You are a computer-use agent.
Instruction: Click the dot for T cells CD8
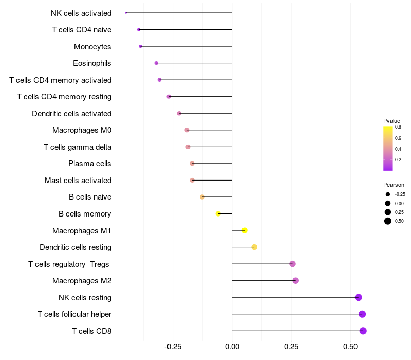(363, 331)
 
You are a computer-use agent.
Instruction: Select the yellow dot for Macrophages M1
(245, 230)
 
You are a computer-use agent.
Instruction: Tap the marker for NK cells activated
(126, 13)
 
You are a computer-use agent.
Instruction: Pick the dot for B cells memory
(218, 213)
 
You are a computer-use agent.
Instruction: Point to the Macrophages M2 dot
(295, 281)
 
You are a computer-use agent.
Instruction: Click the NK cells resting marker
(358, 297)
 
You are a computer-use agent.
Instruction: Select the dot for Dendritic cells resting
(254, 247)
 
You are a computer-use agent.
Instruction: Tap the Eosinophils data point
(156, 63)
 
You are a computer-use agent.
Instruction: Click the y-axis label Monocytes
(92, 47)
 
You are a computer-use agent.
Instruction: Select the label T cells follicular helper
(74, 314)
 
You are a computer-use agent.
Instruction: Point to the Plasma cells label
(90, 164)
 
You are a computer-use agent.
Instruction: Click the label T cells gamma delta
(78, 147)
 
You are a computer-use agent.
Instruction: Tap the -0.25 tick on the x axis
(173, 347)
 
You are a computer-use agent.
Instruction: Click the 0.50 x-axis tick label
(350, 347)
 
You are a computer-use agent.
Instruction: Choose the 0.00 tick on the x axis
(232, 347)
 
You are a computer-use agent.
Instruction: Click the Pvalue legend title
(392, 121)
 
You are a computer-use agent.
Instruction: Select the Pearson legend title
(394, 185)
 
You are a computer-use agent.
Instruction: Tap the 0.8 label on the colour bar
(398, 127)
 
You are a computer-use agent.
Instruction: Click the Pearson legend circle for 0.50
(388, 221)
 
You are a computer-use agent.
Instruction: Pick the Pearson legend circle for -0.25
(388, 194)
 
